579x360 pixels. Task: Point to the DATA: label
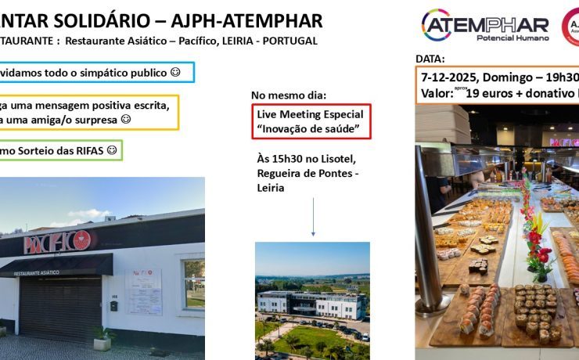click(x=430, y=59)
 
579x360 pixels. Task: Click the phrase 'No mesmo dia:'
click(x=285, y=95)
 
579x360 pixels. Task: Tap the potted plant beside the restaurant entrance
click(x=101, y=337)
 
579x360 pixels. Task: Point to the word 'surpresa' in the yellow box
click(x=95, y=120)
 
